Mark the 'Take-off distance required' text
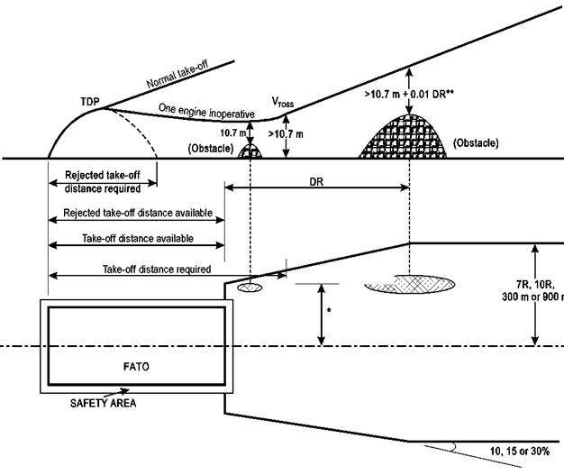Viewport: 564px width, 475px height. [x=157, y=269]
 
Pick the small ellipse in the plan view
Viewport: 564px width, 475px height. [x=250, y=288]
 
